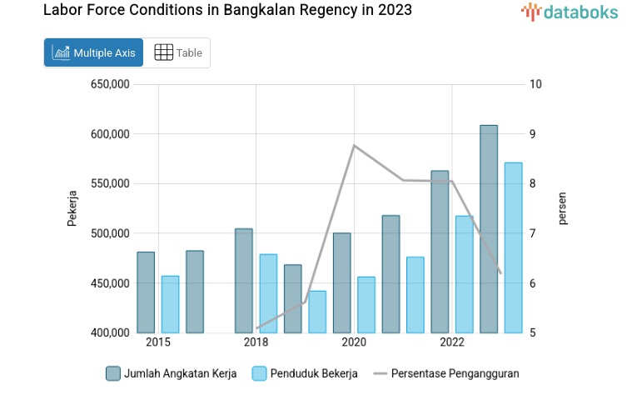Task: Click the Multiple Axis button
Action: pos(93,52)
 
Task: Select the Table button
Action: pos(178,52)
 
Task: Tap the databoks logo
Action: pos(570,12)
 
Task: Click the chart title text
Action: pos(227,11)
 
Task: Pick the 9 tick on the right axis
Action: pos(535,134)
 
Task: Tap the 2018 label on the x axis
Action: pos(256,342)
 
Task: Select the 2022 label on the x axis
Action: pos(452,342)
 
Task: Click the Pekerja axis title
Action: pos(72,208)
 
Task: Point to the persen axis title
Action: pos(563,208)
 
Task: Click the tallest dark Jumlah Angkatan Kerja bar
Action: pos(489,229)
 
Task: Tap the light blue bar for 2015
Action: pos(170,304)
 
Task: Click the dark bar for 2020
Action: pos(341,283)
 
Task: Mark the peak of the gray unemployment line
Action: pos(354,146)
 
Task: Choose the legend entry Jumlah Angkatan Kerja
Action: pos(172,373)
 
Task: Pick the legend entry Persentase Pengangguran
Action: pos(446,373)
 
